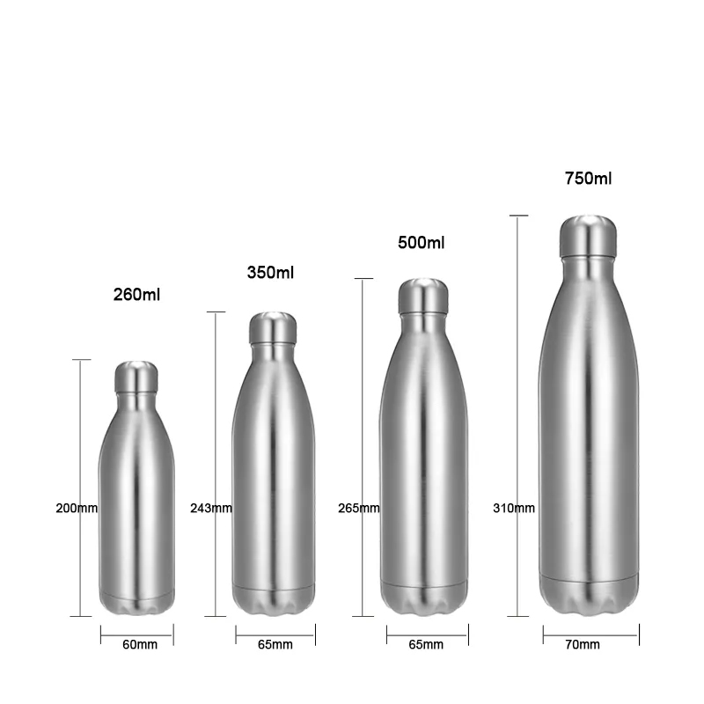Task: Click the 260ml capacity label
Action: pos(138,294)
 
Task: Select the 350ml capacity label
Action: pos(270,273)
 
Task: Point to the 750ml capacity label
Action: pos(588,179)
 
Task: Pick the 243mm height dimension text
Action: pos(211,508)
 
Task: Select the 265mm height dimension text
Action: pos(359,508)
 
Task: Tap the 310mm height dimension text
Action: pos(514,508)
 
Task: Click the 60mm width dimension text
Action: pos(140,645)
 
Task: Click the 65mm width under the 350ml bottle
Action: pos(275,645)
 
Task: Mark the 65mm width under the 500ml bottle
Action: pos(426,645)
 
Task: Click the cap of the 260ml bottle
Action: pos(136,378)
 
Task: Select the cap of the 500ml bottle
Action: pos(423,297)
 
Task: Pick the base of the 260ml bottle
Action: pos(136,605)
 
